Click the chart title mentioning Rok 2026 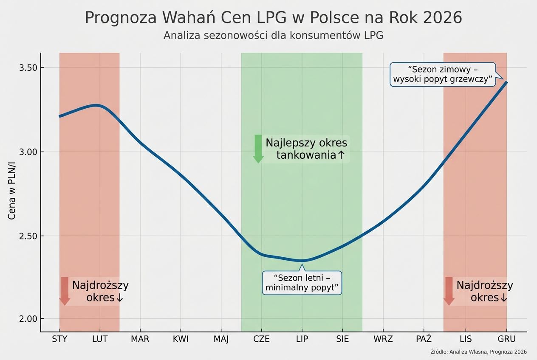click(273, 18)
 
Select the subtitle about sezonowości click(273, 36)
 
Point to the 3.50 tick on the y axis click(28, 68)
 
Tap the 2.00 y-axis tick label click(28, 319)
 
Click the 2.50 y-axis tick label click(28, 236)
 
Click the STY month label click(59, 339)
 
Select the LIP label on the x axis click(302, 339)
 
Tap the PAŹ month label click(424, 339)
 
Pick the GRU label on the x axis click(506, 339)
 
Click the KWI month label click(181, 339)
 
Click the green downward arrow click(258, 149)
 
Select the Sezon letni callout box click(302, 283)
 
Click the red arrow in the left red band click(65, 291)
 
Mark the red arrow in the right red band click(449, 291)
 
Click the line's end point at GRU click(506, 82)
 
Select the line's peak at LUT click(98, 105)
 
